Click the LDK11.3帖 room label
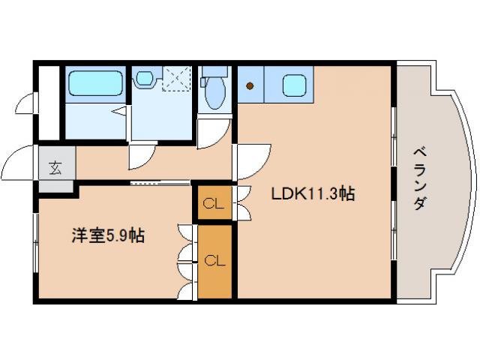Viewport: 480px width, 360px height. pyautogui.click(x=313, y=194)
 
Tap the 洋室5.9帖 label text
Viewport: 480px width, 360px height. pyautogui.click(x=108, y=235)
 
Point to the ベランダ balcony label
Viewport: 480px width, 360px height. pyautogui.click(x=420, y=180)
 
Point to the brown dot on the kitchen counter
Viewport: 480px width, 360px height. pyautogui.click(x=250, y=85)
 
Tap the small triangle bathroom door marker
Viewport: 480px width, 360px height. pyautogui.click(x=119, y=110)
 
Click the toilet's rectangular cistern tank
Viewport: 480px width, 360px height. pyautogui.click(x=214, y=73)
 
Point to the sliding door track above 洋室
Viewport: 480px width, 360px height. pyautogui.click(x=160, y=182)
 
